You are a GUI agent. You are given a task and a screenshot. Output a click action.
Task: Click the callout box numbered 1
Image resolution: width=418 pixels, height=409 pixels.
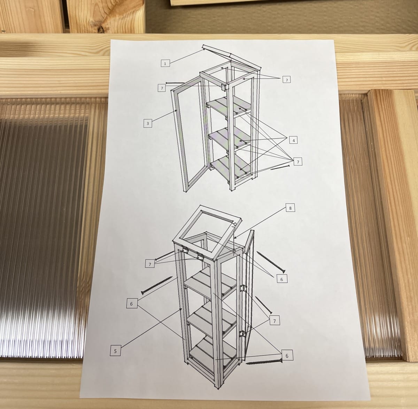pyautogui.click(x=165, y=63)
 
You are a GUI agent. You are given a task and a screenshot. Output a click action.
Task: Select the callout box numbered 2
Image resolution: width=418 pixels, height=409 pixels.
pyautogui.click(x=287, y=80)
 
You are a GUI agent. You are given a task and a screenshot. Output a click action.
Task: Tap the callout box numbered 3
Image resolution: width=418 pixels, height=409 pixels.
pyautogui.click(x=148, y=124)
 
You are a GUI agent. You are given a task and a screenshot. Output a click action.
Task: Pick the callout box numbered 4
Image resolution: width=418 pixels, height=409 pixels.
pyautogui.click(x=293, y=140)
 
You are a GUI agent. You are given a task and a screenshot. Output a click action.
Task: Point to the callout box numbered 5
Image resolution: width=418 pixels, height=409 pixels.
pyautogui.click(x=115, y=351)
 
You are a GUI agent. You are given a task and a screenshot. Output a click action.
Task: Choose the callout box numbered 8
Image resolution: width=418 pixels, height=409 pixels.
pyautogui.click(x=290, y=208)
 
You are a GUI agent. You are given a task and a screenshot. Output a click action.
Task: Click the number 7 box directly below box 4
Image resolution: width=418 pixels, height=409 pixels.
pyautogui.click(x=298, y=162)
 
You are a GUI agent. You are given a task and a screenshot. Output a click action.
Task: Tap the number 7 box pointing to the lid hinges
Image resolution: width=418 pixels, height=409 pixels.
pyautogui.click(x=150, y=264)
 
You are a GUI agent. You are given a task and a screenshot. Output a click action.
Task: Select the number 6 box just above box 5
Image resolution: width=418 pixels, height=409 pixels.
pyautogui.click(x=132, y=303)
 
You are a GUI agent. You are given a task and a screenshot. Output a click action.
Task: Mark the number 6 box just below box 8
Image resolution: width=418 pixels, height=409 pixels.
pyautogui.click(x=281, y=279)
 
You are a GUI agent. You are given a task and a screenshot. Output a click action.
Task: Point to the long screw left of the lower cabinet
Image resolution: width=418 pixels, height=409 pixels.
pyautogui.click(x=157, y=285)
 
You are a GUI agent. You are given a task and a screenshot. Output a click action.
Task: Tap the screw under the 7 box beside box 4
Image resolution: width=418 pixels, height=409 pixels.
pyautogui.click(x=280, y=167)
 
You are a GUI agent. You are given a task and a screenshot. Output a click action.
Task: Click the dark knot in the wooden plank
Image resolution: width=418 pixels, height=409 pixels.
pyautogui.click(x=101, y=29)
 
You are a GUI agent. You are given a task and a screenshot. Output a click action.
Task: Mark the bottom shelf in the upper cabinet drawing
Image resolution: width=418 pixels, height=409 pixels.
pyautogui.click(x=231, y=167)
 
